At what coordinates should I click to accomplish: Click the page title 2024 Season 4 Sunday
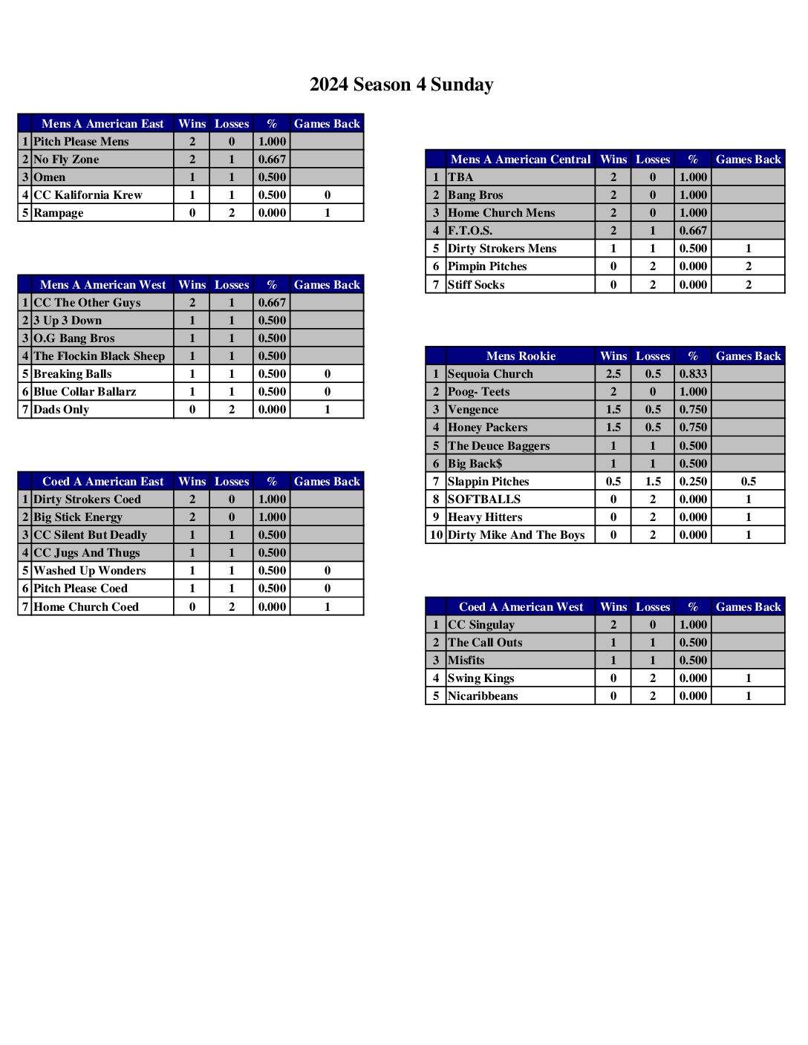401,85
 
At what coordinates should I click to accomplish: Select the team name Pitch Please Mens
81,142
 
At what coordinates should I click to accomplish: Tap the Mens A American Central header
520,160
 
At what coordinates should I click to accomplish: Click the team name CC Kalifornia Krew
88,195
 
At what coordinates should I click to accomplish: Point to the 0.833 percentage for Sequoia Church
693,374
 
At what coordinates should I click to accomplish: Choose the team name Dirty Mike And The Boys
516,535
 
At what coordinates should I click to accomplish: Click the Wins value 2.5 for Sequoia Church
613,374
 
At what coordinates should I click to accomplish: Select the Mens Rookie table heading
521,356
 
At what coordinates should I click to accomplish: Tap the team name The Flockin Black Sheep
99,356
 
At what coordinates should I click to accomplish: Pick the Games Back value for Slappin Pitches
748,482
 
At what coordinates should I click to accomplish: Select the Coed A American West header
521,607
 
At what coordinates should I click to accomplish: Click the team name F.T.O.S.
470,231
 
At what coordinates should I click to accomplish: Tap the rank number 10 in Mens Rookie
436,535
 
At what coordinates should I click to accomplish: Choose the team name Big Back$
475,464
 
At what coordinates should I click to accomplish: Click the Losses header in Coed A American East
232,482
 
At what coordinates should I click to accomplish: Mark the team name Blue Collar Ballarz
85,392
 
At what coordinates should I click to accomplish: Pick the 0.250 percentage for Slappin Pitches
693,482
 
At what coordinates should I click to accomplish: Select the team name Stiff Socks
476,285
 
